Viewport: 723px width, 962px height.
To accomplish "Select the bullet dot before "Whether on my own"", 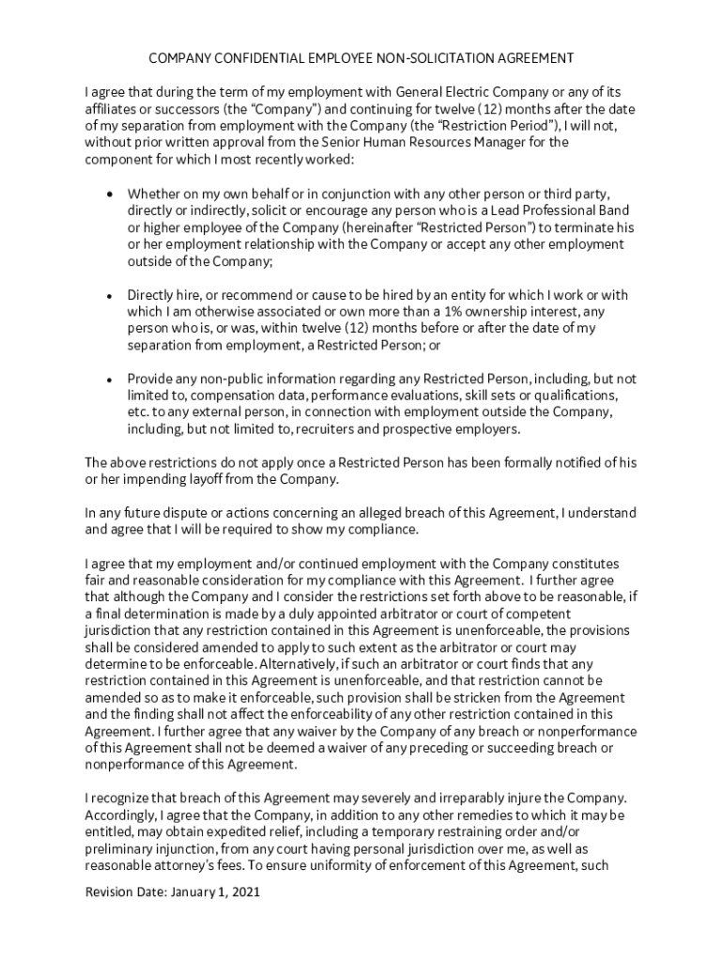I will click(111, 194).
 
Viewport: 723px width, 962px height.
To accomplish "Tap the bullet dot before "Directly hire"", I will click(111, 295).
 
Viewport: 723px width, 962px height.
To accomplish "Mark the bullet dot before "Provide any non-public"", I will click(111, 380).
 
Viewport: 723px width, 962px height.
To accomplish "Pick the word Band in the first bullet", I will click(613, 210).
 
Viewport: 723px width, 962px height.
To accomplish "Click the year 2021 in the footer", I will click(244, 893).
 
